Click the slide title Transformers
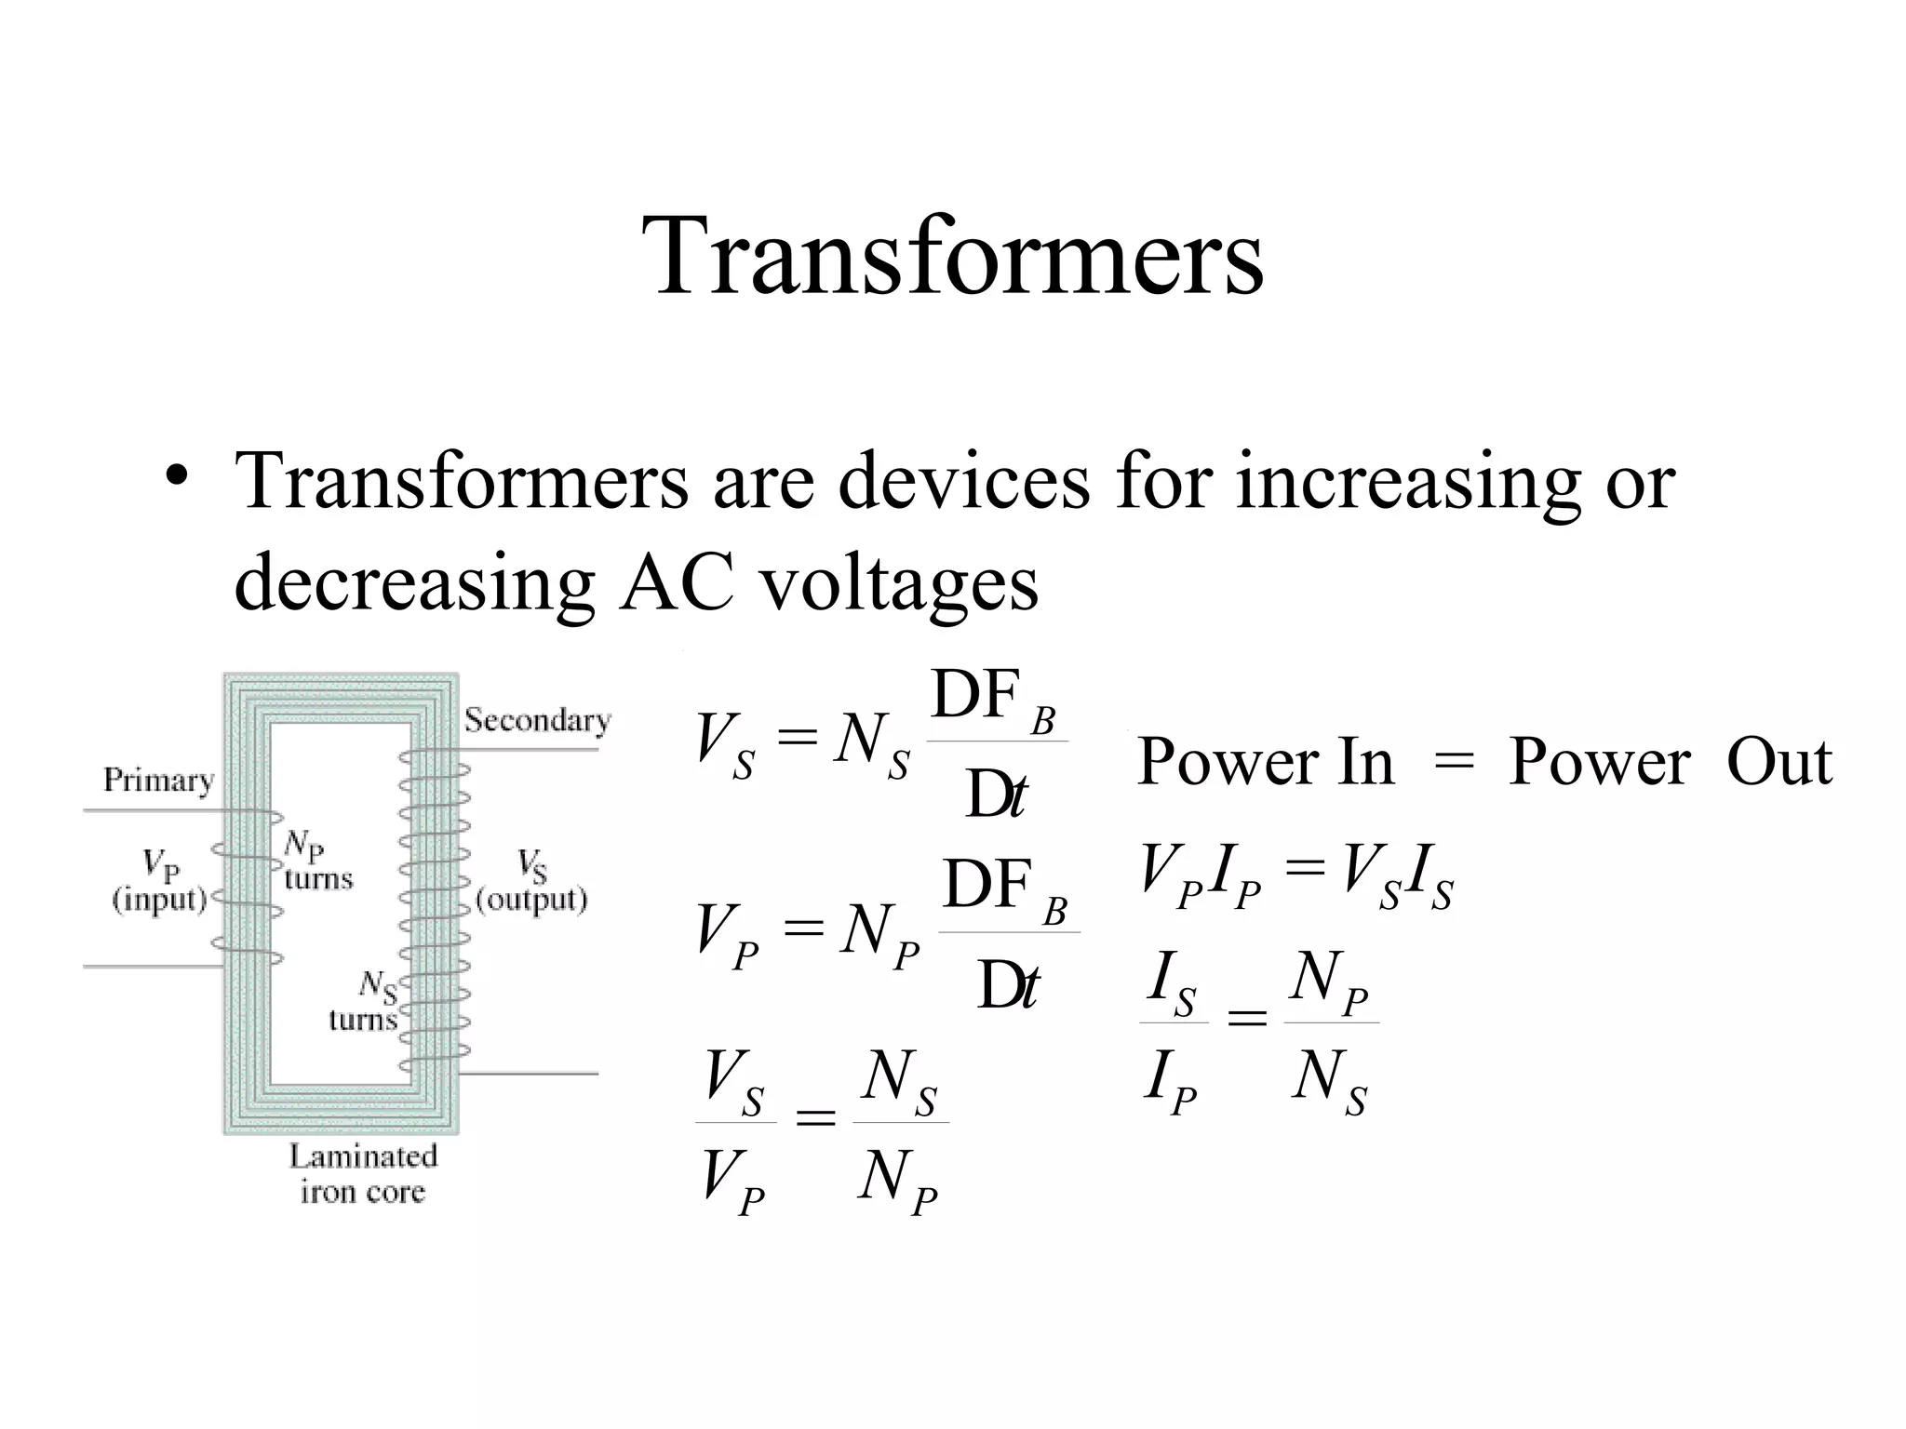952,256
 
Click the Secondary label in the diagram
537,720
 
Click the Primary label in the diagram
158,780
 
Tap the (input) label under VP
159,900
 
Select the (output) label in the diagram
531,900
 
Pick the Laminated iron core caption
362,1174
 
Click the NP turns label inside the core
316,861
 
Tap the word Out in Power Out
1778,763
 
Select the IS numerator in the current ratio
1172,983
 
